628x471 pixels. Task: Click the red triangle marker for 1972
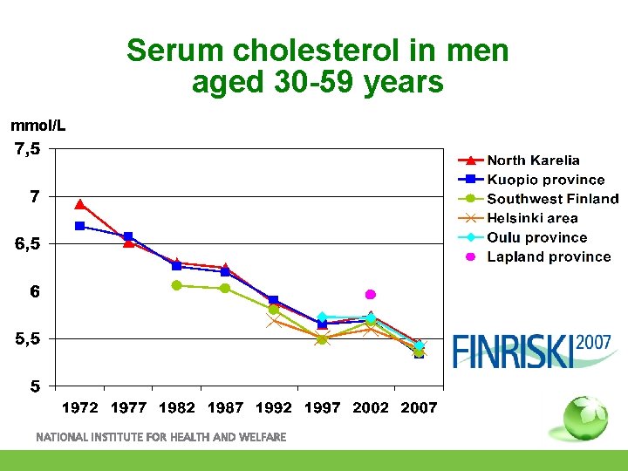(80, 204)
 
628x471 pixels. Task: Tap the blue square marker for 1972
(80, 226)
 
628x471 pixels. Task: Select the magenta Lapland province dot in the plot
(370, 295)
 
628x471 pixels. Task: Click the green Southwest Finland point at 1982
(176, 285)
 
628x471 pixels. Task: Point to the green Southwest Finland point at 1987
(225, 288)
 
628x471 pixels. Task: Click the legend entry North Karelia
(533, 160)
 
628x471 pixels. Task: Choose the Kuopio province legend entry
(545, 179)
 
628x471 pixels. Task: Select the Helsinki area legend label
(532, 218)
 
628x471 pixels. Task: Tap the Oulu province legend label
(536, 237)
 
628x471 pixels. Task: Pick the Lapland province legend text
(549, 256)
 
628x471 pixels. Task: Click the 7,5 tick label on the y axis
(27, 149)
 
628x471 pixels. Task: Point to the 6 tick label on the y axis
(34, 291)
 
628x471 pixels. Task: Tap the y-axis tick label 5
(34, 386)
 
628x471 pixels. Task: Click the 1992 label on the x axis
(274, 407)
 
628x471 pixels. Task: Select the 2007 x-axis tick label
(419, 407)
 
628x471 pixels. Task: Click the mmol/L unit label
(38, 126)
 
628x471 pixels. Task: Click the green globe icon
(585, 418)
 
